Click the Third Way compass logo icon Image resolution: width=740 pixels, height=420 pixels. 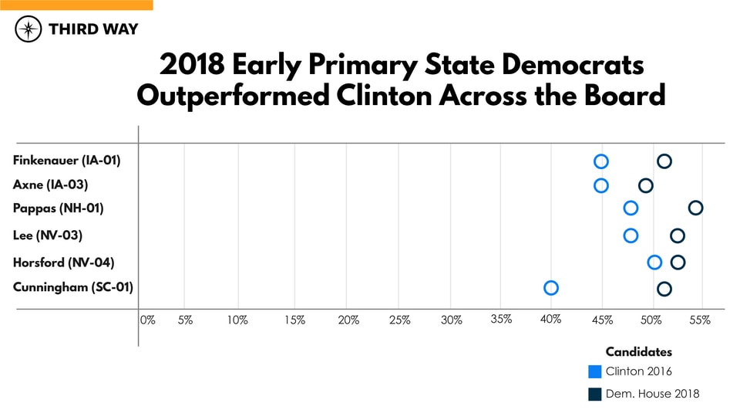[29, 29]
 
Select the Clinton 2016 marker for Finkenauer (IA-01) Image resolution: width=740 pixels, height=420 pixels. [601, 161]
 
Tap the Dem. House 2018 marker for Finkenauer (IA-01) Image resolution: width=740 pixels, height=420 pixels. [664, 161]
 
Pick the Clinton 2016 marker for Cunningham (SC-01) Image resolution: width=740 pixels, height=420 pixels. [550, 288]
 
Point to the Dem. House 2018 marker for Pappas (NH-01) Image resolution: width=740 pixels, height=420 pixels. [695, 208]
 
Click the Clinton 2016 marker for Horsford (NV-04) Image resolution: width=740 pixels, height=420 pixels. [654, 262]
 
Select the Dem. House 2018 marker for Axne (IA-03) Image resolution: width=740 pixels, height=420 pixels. [646, 185]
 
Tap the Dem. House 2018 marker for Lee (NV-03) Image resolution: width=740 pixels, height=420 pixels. [678, 235]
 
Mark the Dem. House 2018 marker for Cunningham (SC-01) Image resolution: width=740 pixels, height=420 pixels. [664, 289]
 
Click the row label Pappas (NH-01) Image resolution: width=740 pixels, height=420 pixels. [59, 208]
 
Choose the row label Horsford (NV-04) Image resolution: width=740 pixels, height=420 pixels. [64, 262]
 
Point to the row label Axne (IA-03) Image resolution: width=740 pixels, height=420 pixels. [51, 185]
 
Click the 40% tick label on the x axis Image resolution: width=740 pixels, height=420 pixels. [550, 320]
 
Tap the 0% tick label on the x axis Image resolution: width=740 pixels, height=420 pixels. [147, 320]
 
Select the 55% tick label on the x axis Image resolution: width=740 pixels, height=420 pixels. [700, 320]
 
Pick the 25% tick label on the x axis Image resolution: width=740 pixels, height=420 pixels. [399, 320]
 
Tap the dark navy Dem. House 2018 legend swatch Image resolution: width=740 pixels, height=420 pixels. [594, 395]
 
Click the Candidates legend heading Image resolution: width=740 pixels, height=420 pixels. [638, 352]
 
